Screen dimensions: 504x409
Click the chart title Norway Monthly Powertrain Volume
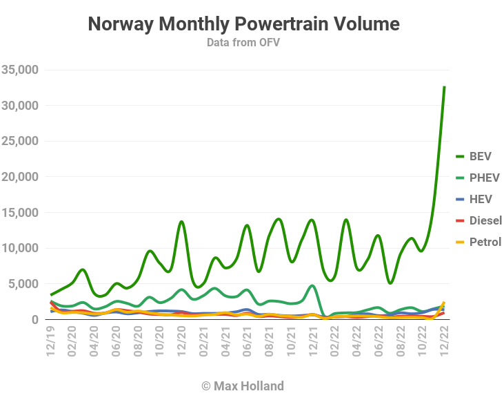coord(243,24)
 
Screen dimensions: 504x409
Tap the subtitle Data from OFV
coord(243,43)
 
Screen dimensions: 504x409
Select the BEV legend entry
coord(474,157)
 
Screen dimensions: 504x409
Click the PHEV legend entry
coord(478,178)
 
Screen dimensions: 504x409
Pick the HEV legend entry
coord(474,200)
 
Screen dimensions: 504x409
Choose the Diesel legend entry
coord(478,220)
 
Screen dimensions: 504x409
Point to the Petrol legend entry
coord(478,242)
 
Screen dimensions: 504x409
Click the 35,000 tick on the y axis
coord(20,70)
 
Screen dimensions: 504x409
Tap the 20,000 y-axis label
coord(20,177)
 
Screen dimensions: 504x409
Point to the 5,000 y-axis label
coord(23,284)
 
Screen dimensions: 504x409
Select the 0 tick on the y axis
coord(35,320)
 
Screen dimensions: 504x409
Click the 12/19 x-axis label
coord(51,341)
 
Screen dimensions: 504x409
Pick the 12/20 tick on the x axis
coord(181,341)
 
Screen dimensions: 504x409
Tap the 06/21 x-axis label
coord(247,341)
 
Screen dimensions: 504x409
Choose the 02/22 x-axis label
coord(334,341)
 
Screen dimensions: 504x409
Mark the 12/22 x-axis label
coord(444,341)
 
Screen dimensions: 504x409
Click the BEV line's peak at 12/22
coord(444,86)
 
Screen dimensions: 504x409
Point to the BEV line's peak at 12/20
coord(181,222)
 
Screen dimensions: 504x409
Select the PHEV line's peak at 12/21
coord(312,285)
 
